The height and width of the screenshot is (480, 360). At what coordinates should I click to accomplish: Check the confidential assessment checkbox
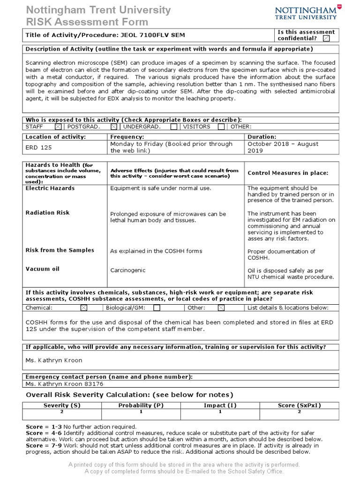[x=326, y=38]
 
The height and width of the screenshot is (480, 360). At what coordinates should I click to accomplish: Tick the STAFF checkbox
[x=58, y=127]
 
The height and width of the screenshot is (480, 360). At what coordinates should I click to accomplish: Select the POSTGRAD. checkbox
[x=114, y=127]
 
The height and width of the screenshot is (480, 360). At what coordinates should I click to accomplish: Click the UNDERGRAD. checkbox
[x=173, y=127]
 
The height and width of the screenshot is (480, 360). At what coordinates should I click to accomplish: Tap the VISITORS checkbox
[x=221, y=127]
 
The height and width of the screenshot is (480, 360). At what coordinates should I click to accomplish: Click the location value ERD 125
[x=39, y=147]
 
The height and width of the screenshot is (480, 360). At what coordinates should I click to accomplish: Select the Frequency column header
[x=127, y=137]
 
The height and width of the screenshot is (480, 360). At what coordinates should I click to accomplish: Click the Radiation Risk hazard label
[x=47, y=213]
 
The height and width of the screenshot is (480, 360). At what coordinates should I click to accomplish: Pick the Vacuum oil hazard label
[x=42, y=269]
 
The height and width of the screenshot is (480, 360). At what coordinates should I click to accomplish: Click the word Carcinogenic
[x=128, y=270]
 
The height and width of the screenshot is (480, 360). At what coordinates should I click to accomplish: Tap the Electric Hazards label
[x=50, y=188]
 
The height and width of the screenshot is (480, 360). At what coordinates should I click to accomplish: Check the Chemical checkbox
[x=83, y=308]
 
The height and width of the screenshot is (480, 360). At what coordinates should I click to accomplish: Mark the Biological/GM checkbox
[x=157, y=308]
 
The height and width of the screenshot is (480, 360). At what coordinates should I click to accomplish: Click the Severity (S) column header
[x=62, y=405]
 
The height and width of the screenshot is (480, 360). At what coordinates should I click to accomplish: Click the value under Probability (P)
[x=141, y=412]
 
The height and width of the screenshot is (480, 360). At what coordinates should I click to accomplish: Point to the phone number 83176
[x=93, y=383]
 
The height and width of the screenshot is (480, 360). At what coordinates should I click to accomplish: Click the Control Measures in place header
[x=288, y=173]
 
